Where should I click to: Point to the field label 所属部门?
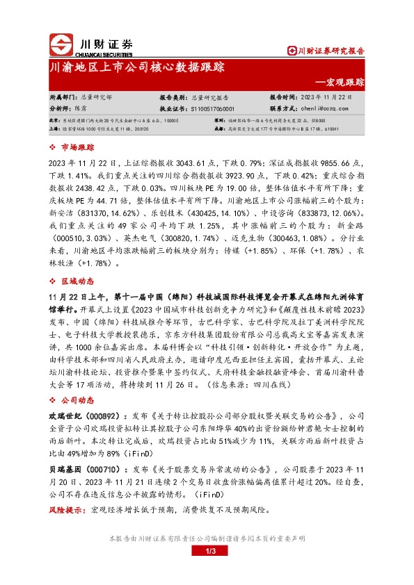click(61, 99)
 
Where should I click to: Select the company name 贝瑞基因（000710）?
click(79, 468)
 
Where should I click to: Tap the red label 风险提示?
click(66, 511)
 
